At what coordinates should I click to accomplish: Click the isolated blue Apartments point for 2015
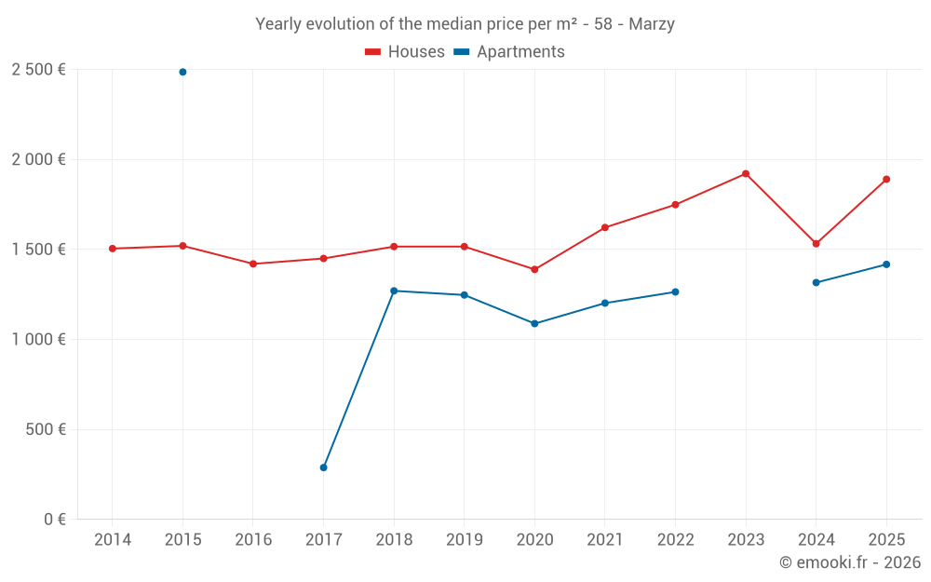[x=182, y=72]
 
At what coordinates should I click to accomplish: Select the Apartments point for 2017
[x=323, y=467]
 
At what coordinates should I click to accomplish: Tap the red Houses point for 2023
[x=746, y=173]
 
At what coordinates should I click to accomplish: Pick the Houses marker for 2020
[x=534, y=269]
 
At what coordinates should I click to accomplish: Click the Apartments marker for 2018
[x=394, y=291]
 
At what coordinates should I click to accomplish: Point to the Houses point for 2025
[x=886, y=179]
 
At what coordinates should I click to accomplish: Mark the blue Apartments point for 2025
[x=886, y=264]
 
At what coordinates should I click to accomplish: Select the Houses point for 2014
[x=112, y=249]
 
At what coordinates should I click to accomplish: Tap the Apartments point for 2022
[x=675, y=291]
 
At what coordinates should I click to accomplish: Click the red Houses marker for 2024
[x=816, y=243]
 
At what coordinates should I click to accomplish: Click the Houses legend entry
[x=405, y=52]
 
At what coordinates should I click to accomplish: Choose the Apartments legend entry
[x=509, y=52]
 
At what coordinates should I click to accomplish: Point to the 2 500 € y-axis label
[x=38, y=70]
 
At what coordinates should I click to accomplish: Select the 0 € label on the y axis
[x=54, y=520]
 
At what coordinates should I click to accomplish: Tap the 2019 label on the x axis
[x=464, y=540]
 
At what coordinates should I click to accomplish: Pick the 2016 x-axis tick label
[x=252, y=540]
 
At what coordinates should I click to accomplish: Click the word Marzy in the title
[x=652, y=24]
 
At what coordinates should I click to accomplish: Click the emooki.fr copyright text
[x=850, y=562]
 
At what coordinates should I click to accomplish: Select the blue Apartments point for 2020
[x=534, y=323]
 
